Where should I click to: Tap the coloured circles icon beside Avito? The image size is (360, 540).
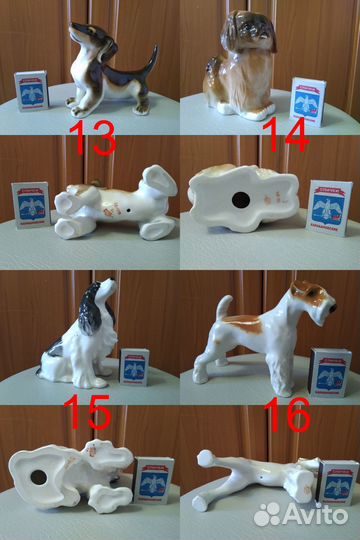(268, 513)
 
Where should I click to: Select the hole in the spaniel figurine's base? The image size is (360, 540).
(39, 477)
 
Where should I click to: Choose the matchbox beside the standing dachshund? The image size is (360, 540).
(31, 90)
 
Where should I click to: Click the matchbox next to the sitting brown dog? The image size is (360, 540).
(305, 99)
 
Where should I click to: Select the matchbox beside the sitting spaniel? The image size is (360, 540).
(134, 367)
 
